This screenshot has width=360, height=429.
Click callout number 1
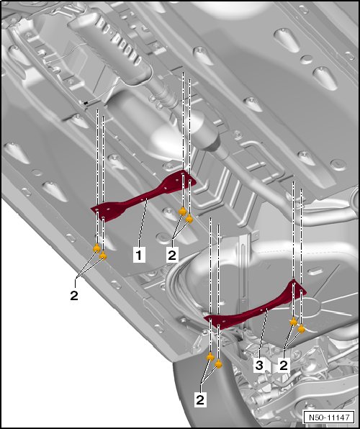(x=139, y=256)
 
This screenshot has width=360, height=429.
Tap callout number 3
(x=259, y=365)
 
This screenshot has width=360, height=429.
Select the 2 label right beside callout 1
(x=172, y=256)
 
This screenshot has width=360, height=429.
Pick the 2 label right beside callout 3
(x=284, y=365)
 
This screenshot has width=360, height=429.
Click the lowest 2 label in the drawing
(x=200, y=399)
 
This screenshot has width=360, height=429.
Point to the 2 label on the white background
(x=74, y=296)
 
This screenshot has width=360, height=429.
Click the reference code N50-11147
(x=329, y=417)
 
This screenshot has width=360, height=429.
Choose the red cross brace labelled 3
(x=255, y=308)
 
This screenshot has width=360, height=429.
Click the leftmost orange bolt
(x=96, y=248)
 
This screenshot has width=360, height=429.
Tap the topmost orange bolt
(x=182, y=211)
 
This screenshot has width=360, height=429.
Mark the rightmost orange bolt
(x=301, y=329)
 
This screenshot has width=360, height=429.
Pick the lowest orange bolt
(x=218, y=364)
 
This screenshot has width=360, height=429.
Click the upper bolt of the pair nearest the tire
(x=210, y=356)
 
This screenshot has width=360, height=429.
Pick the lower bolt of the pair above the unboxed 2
(x=103, y=256)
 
